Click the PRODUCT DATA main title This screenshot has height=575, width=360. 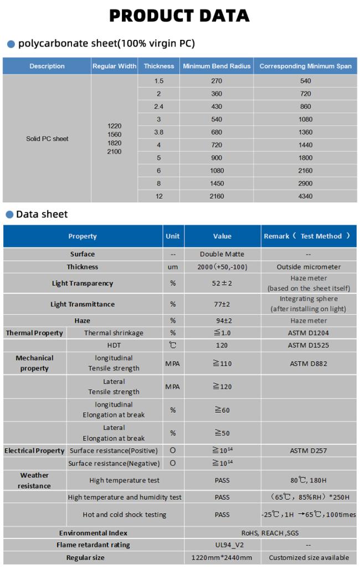click(x=179, y=16)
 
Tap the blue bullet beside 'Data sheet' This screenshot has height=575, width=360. click(x=9, y=215)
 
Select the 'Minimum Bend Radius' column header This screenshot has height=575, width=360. click(x=218, y=66)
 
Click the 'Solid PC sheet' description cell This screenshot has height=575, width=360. click(x=47, y=139)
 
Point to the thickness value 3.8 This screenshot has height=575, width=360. click(x=159, y=132)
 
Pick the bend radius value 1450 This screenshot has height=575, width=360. click(x=217, y=183)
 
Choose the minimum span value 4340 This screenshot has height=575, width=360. click(x=305, y=196)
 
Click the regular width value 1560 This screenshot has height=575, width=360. click(x=114, y=134)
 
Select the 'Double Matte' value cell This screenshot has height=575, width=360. click(x=222, y=254)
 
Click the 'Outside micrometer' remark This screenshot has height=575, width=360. click(x=308, y=267)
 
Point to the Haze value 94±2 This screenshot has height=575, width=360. click(x=222, y=320)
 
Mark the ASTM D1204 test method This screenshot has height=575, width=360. click(x=308, y=333)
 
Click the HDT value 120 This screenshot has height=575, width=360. click(x=222, y=345)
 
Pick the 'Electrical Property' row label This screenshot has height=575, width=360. click(x=34, y=450)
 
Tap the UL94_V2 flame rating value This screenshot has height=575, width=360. click(x=222, y=545)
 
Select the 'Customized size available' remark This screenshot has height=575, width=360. click(x=308, y=557)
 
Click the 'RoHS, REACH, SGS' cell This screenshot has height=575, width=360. click(x=270, y=533)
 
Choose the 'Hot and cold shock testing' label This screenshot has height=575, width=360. click(x=125, y=515)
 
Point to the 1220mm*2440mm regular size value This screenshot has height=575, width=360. click(x=222, y=557)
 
